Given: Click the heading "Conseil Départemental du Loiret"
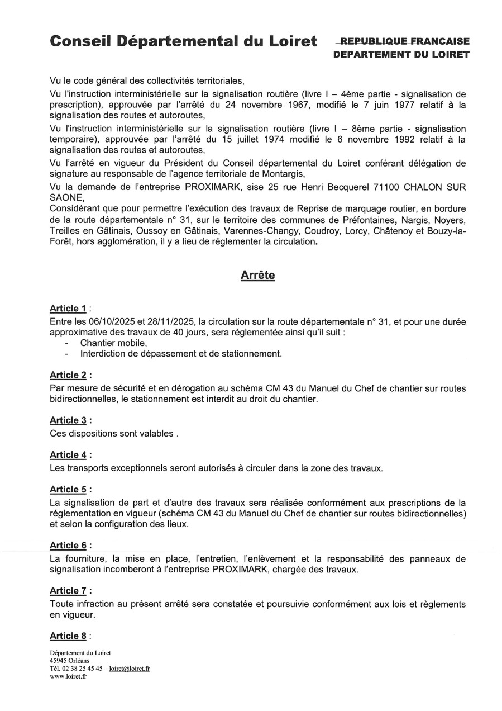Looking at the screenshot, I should pos(183,41).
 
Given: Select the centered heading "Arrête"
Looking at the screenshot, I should pos(257,275).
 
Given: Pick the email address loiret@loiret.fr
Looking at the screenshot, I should pos(130,668).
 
